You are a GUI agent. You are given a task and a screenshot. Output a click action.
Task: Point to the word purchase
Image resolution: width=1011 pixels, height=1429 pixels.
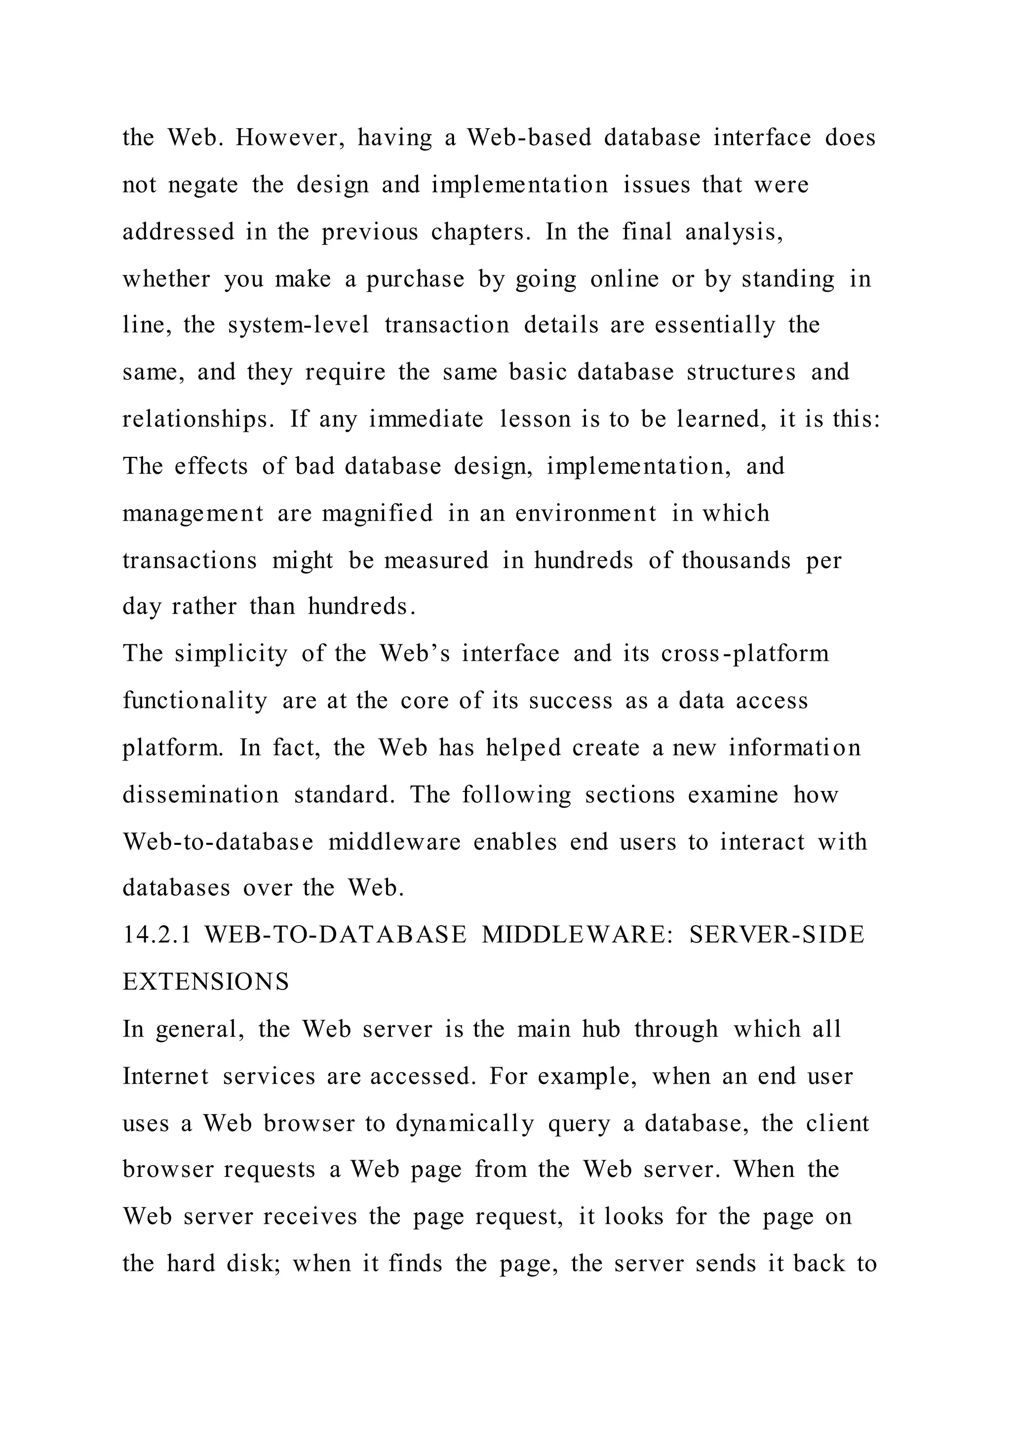point(415,279)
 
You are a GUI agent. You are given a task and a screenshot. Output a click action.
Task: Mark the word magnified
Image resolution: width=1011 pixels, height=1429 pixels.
point(377,514)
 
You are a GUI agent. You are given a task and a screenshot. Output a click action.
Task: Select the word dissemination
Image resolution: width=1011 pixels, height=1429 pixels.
point(200,795)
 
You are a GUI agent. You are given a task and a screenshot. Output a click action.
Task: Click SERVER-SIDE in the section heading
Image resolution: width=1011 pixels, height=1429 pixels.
point(777,935)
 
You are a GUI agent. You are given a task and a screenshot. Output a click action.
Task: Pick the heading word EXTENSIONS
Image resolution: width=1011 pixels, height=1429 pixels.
point(206,982)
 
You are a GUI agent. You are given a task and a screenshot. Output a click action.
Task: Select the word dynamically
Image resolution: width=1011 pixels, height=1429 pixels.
point(465,1124)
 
